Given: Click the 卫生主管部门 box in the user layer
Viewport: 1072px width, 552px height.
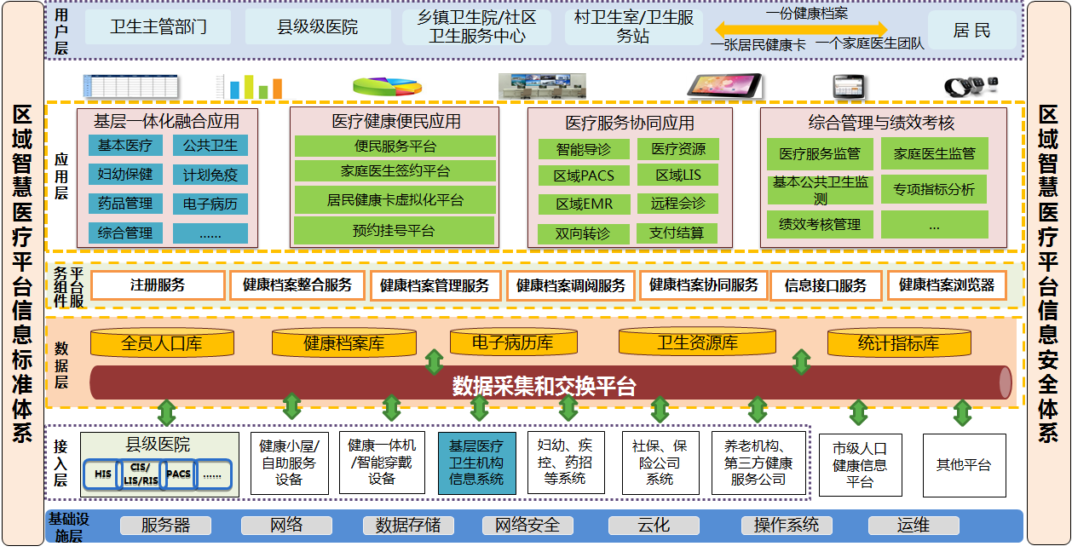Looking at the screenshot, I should tap(158, 27).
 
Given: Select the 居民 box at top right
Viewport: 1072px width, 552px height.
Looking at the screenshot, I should tap(971, 31).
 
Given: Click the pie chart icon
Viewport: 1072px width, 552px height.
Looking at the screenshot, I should tap(387, 86).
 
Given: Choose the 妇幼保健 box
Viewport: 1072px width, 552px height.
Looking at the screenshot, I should tap(125, 175).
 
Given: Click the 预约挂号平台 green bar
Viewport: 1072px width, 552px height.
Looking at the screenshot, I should tap(394, 230).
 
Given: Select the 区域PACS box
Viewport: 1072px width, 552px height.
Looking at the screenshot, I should tap(584, 176).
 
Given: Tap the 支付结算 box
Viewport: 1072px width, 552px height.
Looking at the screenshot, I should tap(677, 233).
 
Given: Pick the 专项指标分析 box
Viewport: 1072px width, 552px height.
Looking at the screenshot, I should tap(933, 189).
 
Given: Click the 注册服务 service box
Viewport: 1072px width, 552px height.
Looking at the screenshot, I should tap(158, 285).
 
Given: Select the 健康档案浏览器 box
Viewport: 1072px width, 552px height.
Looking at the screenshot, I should tap(947, 285).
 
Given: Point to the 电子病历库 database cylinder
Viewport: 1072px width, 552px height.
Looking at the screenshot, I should tap(512, 342).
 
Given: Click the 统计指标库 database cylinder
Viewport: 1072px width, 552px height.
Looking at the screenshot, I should tap(898, 343).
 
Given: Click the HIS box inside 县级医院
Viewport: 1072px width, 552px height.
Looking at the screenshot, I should tap(103, 474).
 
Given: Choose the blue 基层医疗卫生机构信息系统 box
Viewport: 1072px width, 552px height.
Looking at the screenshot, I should tap(476, 463).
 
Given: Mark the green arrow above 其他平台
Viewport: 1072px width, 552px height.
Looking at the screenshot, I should tap(962, 413).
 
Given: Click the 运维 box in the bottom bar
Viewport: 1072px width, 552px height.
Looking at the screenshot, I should tap(914, 526).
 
